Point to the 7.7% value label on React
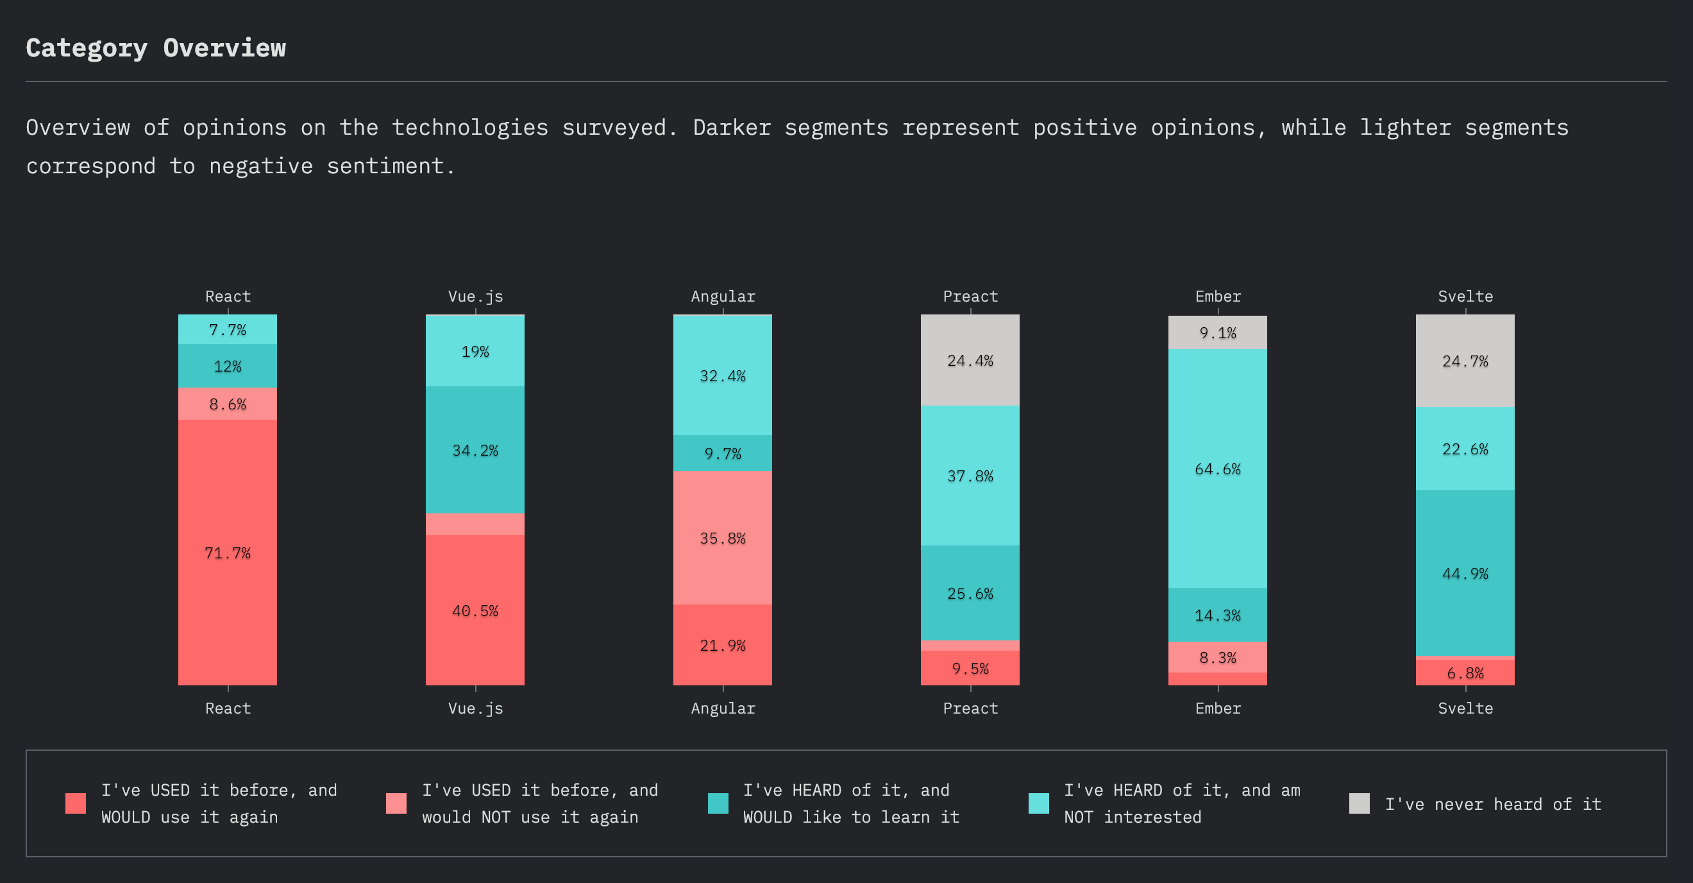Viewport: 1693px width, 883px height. pyautogui.click(x=228, y=330)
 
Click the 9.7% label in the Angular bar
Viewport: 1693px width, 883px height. pyautogui.click(x=722, y=454)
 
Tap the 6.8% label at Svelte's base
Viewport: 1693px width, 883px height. pyautogui.click(x=1465, y=673)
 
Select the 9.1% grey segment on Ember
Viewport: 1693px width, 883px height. pyautogui.click(x=1217, y=332)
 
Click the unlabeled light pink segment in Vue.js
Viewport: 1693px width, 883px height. pyautogui.click(x=475, y=524)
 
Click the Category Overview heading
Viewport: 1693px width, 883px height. pyautogui.click(x=156, y=48)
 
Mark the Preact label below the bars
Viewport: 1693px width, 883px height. pyautogui.click(x=970, y=708)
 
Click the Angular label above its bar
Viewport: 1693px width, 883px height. pyautogui.click(x=722, y=296)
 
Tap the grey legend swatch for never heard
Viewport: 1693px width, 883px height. pyautogui.click(x=1358, y=803)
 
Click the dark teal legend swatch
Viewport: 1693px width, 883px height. pyautogui.click(x=718, y=803)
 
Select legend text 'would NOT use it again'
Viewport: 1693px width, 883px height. pyautogui.click(x=530, y=817)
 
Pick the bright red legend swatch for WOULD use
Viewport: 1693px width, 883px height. pyautogui.click(x=76, y=803)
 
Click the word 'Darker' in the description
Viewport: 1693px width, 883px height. pyautogui.click(x=732, y=128)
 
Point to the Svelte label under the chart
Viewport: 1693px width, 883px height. pyautogui.click(x=1465, y=708)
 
